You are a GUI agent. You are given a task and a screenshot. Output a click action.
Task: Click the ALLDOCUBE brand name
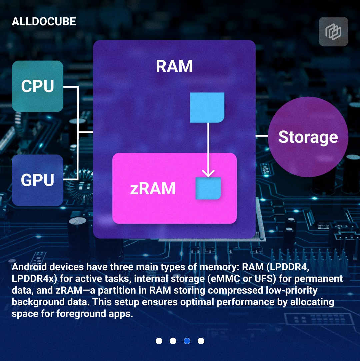point(44,21)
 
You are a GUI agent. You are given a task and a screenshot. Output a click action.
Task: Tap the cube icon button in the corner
point(333,32)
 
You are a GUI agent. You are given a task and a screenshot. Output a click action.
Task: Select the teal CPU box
point(38,86)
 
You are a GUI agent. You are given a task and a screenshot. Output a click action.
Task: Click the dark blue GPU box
point(38,180)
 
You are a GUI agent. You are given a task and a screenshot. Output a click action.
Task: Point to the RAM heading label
point(174,66)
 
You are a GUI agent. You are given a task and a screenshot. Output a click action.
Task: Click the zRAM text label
point(153,188)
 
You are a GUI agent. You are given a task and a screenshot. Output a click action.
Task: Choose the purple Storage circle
point(308,137)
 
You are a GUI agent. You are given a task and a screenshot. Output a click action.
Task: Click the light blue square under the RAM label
point(207,107)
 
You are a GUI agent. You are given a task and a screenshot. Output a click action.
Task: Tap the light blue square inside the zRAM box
point(208,188)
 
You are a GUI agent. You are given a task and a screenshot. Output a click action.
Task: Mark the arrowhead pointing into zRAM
point(208,173)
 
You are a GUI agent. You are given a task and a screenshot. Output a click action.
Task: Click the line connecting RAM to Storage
point(262,136)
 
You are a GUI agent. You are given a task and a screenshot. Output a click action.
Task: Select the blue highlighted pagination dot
point(187,341)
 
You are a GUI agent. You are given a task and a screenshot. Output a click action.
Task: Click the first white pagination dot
point(159,341)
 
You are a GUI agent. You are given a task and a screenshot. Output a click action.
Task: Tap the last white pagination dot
point(201,341)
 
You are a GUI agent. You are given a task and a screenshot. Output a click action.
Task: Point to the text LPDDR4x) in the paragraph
point(34,279)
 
